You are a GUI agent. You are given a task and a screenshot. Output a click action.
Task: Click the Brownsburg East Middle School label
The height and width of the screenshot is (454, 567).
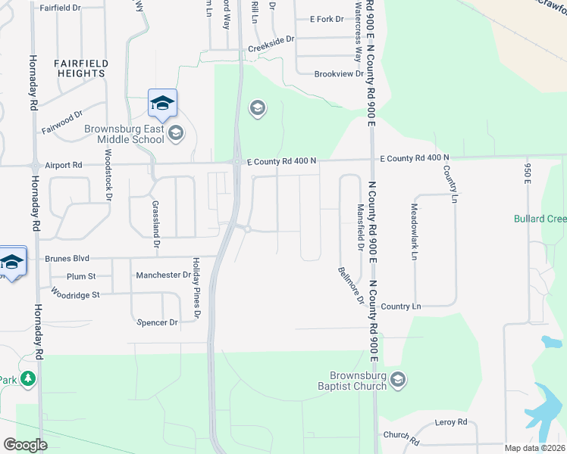point(124,134)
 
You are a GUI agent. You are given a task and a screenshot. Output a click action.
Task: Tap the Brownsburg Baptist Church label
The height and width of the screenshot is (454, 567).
point(359,381)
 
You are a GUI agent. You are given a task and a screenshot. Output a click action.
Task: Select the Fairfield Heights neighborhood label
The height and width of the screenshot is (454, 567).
point(80,68)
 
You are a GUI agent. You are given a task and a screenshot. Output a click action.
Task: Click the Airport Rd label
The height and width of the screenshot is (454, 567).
point(63,164)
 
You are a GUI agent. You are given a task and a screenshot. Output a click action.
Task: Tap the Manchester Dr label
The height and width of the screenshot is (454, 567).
point(163,275)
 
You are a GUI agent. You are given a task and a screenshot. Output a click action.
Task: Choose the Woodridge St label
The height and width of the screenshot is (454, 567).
point(75,294)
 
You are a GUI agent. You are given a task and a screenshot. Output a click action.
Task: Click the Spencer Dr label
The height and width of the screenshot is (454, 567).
point(157,322)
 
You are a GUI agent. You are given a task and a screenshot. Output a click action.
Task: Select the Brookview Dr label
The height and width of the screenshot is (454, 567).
point(340,74)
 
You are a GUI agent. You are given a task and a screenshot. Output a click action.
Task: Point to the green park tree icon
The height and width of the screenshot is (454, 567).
point(29,378)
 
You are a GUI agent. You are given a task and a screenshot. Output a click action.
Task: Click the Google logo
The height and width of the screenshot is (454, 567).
point(26,444)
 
